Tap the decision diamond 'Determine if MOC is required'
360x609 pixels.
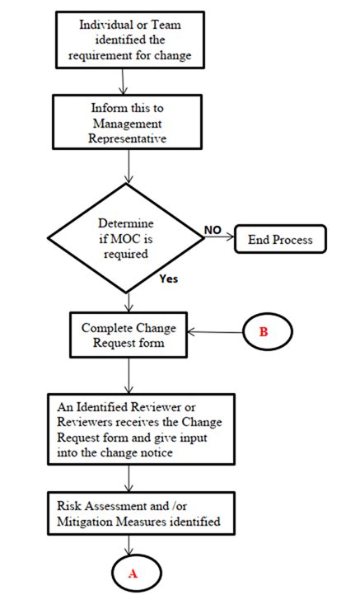point(129,238)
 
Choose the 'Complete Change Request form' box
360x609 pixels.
point(129,333)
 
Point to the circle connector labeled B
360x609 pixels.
point(264,333)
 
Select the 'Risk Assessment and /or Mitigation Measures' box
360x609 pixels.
point(129,514)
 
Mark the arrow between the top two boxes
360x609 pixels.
point(123,81)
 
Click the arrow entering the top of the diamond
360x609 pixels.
point(129,170)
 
